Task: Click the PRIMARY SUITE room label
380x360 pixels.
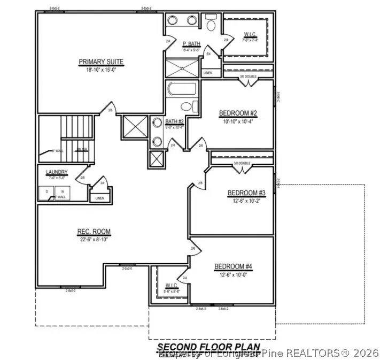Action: coord(101,62)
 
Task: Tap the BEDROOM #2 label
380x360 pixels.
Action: coord(238,113)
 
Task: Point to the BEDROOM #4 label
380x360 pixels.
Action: coord(233,267)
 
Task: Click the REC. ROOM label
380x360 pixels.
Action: coord(94,232)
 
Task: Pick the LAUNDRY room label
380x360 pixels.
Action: coord(57,172)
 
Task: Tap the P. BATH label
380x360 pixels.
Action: coord(191,44)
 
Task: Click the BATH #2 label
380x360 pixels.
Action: coord(174,122)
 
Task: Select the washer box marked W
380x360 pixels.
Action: coord(62,191)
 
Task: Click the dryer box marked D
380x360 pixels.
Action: coord(46,191)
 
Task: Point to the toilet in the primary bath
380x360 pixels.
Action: coord(210,25)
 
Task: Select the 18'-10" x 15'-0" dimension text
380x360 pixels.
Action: coord(101,70)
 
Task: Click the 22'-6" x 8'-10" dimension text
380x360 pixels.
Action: coord(94,239)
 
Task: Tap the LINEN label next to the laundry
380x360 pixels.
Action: coord(100,198)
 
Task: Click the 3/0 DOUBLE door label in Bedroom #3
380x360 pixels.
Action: coord(242,164)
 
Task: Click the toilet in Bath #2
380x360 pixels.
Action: coord(181,105)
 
